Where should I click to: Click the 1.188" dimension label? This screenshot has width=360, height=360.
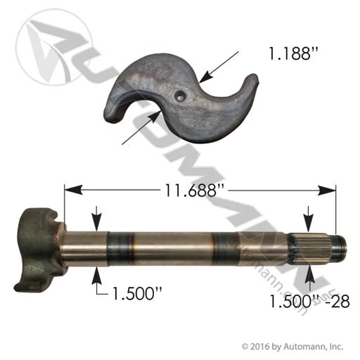pos(294,53)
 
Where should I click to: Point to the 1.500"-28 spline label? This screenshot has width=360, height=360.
pos(309,301)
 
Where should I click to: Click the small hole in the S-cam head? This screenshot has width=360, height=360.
pos(181,96)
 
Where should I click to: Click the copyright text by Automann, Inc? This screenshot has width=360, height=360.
pos(292,347)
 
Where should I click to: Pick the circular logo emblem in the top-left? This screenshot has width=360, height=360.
pos(54,47)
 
